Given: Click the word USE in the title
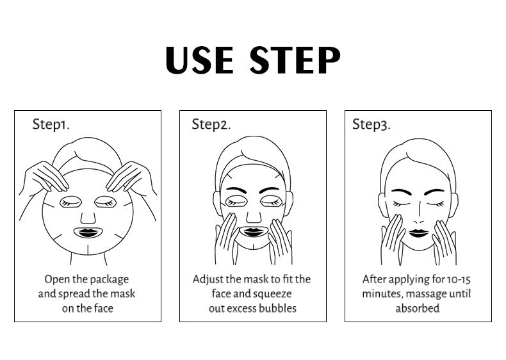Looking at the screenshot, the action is (x=199, y=60).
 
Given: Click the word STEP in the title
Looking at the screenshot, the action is (x=295, y=60).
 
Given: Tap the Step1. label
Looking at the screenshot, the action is (x=51, y=124).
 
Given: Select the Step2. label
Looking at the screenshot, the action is (x=211, y=124).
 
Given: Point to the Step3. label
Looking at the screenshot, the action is (x=371, y=124).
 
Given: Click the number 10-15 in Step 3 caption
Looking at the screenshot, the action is (x=459, y=279).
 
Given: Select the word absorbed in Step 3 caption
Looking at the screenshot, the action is (x=418, y=308).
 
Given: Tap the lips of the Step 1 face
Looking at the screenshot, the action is (x=88, y=233).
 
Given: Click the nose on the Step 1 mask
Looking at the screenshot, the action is (x=88, y=217).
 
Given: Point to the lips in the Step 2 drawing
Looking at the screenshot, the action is (x=253, y=232).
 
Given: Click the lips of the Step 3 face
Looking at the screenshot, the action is (x=418, y=233).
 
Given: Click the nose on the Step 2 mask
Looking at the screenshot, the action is (x=254, y=217).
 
